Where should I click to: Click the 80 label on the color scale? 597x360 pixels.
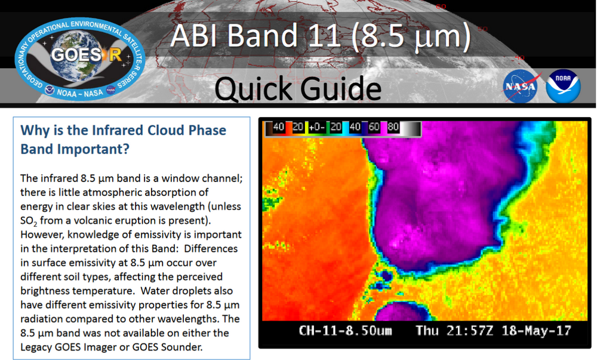[x=393, y=127]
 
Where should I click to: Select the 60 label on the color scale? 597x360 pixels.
[x=374, y=127]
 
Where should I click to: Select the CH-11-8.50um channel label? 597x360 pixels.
[x=346, y=330]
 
